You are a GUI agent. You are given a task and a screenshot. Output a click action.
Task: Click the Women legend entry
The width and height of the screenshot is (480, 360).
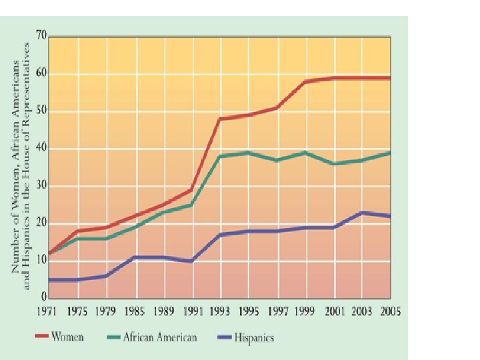point(68,337)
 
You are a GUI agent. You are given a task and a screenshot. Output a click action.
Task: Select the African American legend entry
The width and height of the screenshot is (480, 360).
point(160,337)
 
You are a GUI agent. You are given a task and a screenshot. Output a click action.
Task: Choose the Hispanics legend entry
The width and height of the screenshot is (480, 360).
point(254,337)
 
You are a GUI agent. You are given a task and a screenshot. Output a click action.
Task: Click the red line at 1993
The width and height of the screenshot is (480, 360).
point(221,119)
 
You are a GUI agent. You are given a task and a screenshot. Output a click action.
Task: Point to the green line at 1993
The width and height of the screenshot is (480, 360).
point(221,156)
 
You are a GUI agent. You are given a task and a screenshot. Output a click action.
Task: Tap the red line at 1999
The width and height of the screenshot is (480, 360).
point(305,81)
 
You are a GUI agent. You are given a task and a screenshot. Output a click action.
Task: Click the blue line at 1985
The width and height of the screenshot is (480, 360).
point(135,257)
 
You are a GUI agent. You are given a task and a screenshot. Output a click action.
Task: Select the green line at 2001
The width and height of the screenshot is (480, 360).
point(333,163)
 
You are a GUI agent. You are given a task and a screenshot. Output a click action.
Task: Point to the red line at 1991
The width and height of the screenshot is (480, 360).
point(193,190)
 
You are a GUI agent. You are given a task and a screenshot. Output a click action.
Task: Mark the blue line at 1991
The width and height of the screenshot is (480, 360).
point(193,261)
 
